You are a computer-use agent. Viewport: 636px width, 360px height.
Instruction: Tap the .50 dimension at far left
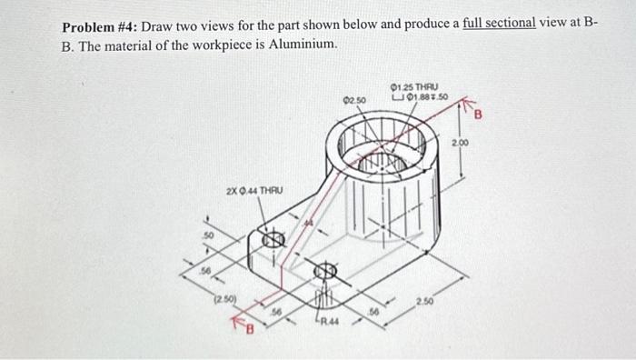(x=208, y=235)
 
